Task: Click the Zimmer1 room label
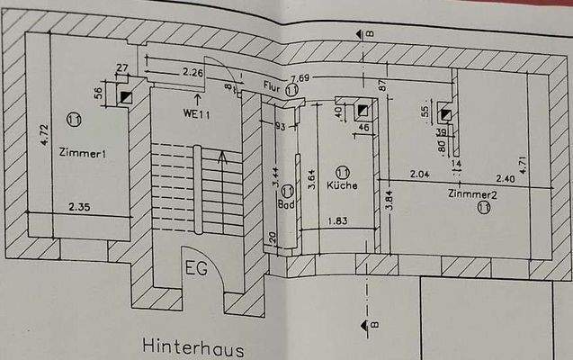tap(83, 154)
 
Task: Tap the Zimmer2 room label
tap(473, 193)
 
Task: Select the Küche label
tap(343, 185)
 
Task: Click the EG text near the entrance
tap(197, 268)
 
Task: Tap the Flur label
tap(273, 86)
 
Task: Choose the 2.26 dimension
tap(192, 72)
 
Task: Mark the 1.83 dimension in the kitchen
tap(338, 221)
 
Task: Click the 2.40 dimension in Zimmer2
tap(505, 179)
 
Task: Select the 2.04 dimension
tap(420, 175)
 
